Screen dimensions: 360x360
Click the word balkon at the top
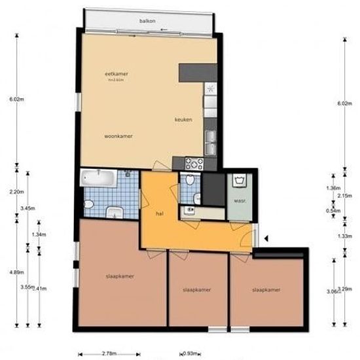pyautogui.click(x=147, y=22)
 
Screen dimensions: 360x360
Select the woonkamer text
pyautogui.click(x=118, y=136)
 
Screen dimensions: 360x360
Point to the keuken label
pyautogui.click(x=183, y=120)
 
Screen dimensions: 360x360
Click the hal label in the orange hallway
pyautogui.click(x=159, y=213)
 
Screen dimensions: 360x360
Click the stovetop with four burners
pyautogui.click(x=194, y=163)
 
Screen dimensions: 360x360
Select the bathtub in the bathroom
pyautogui.click(x=98, y=177)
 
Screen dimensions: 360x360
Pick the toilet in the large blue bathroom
pyautogui.click(x=115, y=211)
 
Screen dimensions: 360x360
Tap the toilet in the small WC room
pyautogui.click(x=189, y=181)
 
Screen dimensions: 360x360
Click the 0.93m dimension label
pyautogui.click(x=190, y=354)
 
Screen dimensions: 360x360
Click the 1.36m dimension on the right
pyautogui.click(x=333, y=188)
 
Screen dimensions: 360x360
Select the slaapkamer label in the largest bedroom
pyautogui.click(x=120, y=276)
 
